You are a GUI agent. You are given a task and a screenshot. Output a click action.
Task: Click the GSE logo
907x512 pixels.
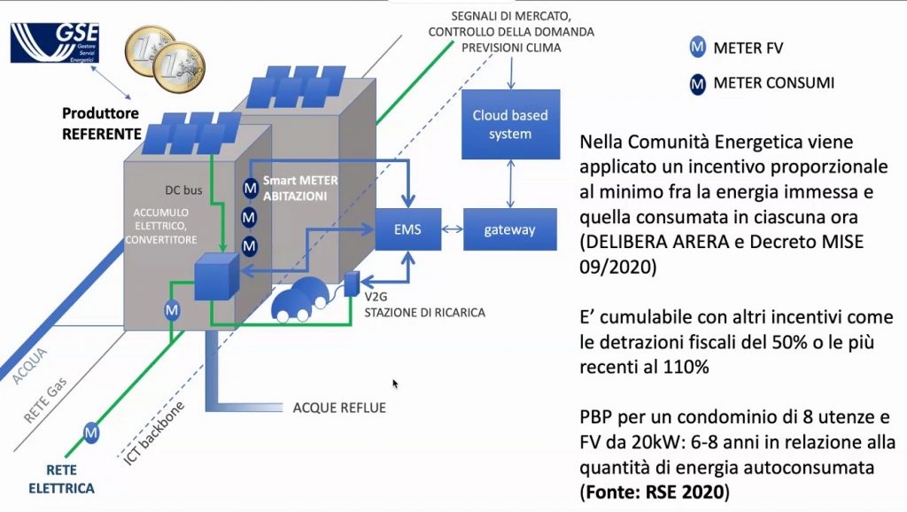tap(55, 42)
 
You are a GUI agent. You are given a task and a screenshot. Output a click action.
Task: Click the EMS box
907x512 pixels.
tap(407, 229)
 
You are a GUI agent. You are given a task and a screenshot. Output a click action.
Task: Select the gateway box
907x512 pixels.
tap(509, 229)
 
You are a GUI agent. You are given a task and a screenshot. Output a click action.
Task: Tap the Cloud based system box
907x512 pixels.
tap(509, 124)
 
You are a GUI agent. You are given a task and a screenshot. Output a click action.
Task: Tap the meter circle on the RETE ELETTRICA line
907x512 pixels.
tap(90, 432)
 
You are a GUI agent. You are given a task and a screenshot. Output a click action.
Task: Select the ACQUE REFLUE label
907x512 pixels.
tap(340, 408)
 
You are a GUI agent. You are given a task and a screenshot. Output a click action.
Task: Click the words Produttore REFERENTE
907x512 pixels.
tap(101, 124)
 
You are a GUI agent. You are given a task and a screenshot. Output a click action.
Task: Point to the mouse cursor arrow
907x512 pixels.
tap(395, 384)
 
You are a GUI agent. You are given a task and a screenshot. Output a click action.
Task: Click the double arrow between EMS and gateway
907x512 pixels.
tap(452, 229)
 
